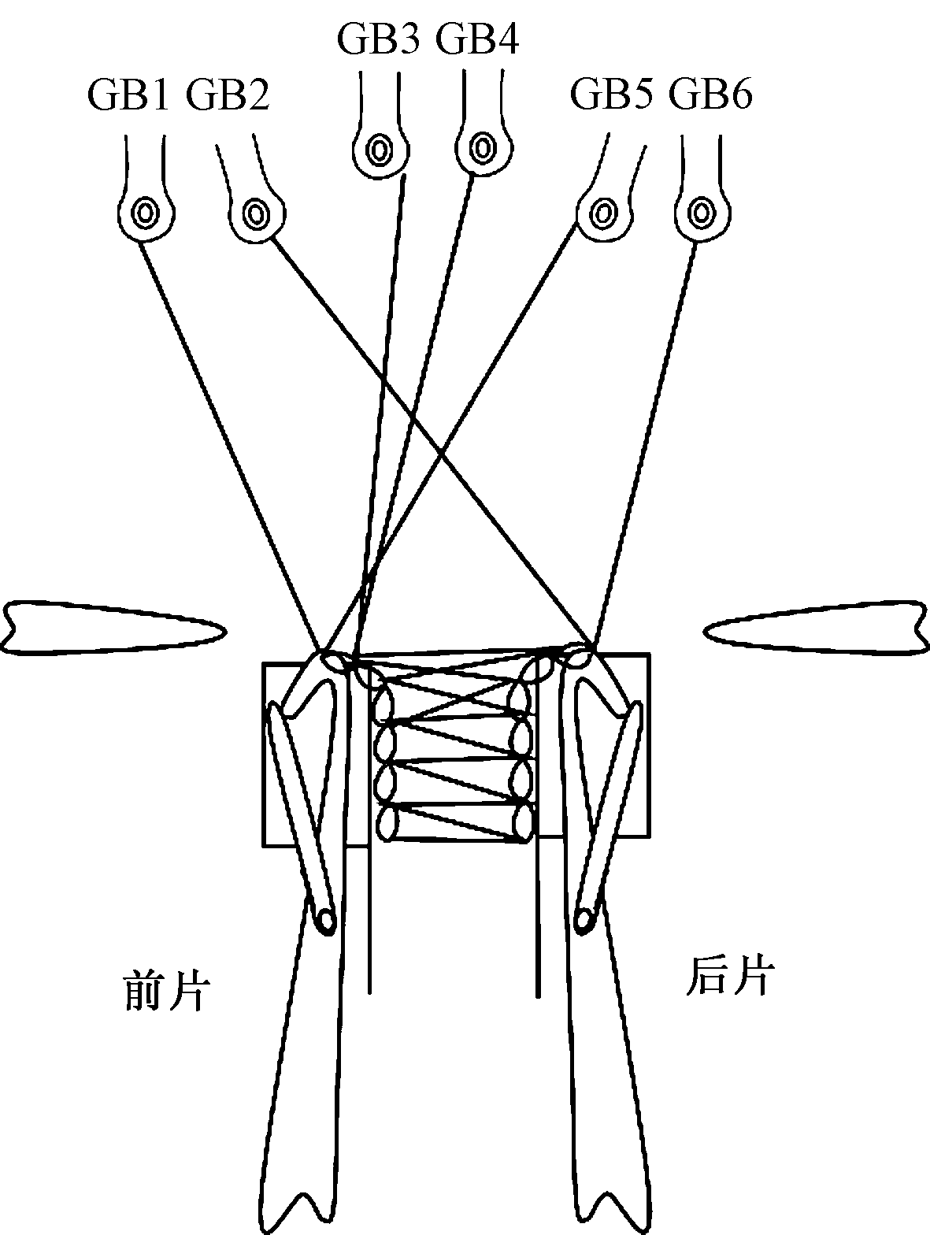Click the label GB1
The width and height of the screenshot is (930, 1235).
click(x=128, y=95)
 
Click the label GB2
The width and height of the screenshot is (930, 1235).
click(x=228, y=95)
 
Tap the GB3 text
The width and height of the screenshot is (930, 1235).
click(x=377, y=39)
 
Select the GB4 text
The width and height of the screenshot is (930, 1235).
click(x=477, y=39)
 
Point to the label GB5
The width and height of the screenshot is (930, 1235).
click(x=611, y=95)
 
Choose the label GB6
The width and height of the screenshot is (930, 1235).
click(x=711, y=95)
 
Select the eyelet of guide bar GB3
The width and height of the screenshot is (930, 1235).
click(x=380, y=148)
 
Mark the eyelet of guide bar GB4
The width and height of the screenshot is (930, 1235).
click(x=481, y=147)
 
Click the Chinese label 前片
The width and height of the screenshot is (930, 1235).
click(x=166, y=990)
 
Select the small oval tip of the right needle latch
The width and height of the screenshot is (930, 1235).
click(x=584, y=918)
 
